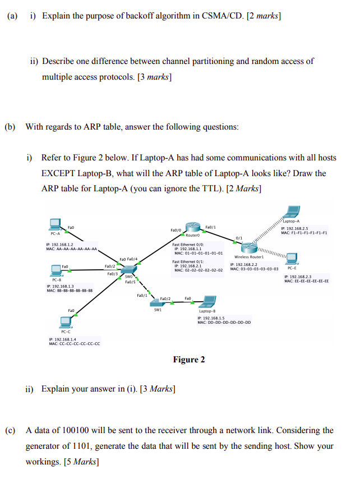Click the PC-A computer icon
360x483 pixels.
click(56, 224)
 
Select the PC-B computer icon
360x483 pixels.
click(57, 270)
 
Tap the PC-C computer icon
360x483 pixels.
click(66, 321)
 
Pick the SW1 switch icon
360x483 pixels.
click(157, 301)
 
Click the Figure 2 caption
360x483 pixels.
click(189, 360)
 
